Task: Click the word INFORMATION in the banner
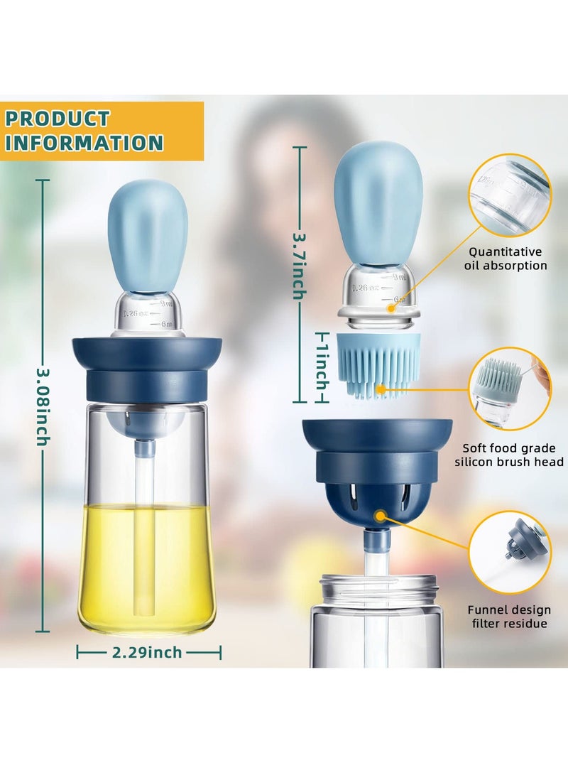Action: click(84, 143)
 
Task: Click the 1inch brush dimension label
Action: click(322, 362)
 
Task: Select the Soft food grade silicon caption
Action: click(513, 455)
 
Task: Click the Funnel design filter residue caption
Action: click(508, 617)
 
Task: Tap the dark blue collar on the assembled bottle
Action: click(147, 369)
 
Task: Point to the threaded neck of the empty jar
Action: click(376, 589)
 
